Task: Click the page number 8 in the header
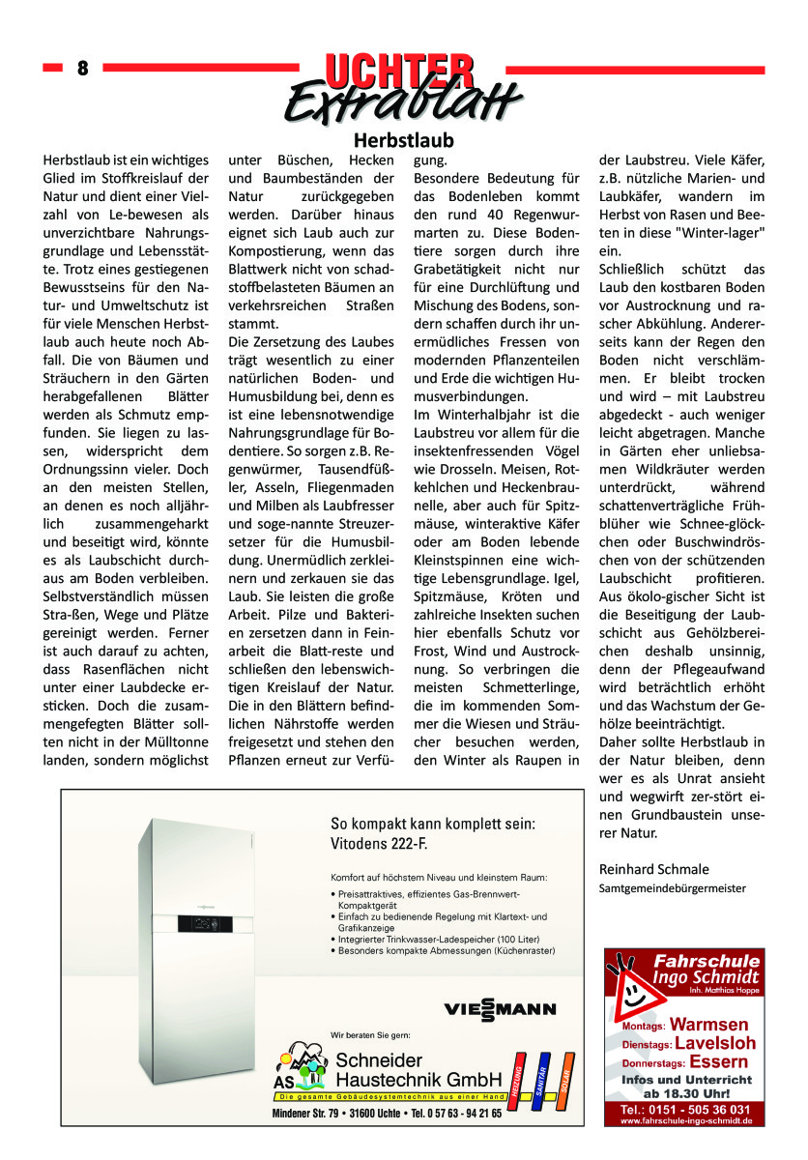(82, 69)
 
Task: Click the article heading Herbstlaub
(403, 140)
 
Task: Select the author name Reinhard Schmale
(653, 868)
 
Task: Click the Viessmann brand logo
(500, 1009)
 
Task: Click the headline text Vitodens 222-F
(380, 843)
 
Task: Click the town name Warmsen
(708, 1024)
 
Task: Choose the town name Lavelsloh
(715, 1043)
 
